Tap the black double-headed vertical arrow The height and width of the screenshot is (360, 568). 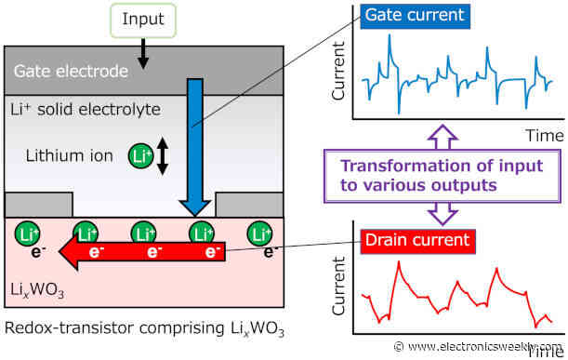coord(163,155)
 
